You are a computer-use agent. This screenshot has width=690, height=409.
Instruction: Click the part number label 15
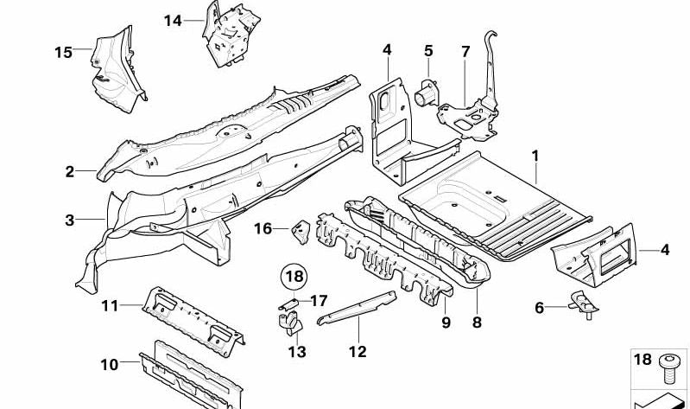(63, 53)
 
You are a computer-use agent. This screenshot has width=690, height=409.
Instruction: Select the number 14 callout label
(173, 20)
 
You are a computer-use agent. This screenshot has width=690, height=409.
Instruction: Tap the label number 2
(70, 172)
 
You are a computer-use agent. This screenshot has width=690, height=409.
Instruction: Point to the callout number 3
(70, 220)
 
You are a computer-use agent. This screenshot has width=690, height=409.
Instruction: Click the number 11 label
(108, 304)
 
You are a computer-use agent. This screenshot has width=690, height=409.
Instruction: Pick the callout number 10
(108, 365)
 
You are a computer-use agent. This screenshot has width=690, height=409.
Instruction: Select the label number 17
(319, 301)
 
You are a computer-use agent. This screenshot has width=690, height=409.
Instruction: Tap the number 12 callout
(358, 351)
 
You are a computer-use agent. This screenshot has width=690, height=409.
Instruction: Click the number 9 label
(446, 323)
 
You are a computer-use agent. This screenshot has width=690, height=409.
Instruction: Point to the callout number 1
(535, 157)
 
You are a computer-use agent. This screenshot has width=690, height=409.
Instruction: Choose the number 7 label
(465, 52)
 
